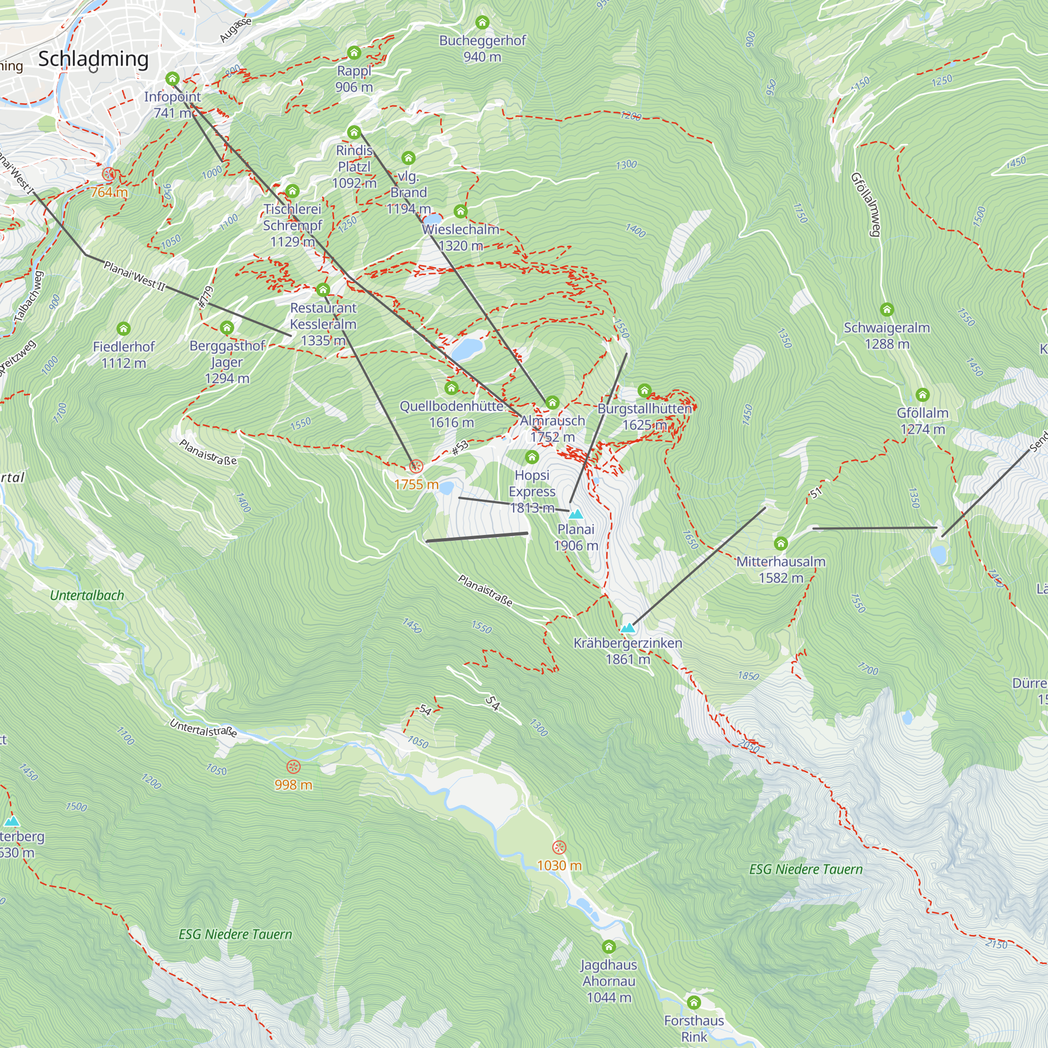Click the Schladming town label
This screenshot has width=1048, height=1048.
tap(93, 59)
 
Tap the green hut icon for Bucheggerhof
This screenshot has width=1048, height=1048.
tap(482, 23)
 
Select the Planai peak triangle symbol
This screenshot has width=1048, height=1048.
tap(575, 514)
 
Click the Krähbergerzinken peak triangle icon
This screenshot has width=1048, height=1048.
tap(628, 628)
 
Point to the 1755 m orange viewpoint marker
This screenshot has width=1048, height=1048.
tap(416, 466)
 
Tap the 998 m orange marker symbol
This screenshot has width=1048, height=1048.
tap(293, 767)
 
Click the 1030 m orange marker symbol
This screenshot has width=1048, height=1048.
tap(559, 847)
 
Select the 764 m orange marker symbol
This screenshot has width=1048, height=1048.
tap(109, 174)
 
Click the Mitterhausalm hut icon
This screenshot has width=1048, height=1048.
tap(781, 543)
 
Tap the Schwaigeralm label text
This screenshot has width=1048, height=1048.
tap(887, 327)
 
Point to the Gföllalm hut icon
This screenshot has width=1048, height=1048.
tap(922, 395)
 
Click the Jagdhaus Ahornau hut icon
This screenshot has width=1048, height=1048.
tap(608, 946)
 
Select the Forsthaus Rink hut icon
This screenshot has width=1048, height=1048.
tap(694, 1002)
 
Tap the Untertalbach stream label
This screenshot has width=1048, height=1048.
tap(87, 595)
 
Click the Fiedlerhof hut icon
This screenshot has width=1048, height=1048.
tap(124, 328)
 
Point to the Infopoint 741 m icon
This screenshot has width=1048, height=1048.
tap(172, 79)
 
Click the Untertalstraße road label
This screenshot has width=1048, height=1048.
tap(203, 728)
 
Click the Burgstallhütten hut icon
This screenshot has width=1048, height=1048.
tap(645, 390)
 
